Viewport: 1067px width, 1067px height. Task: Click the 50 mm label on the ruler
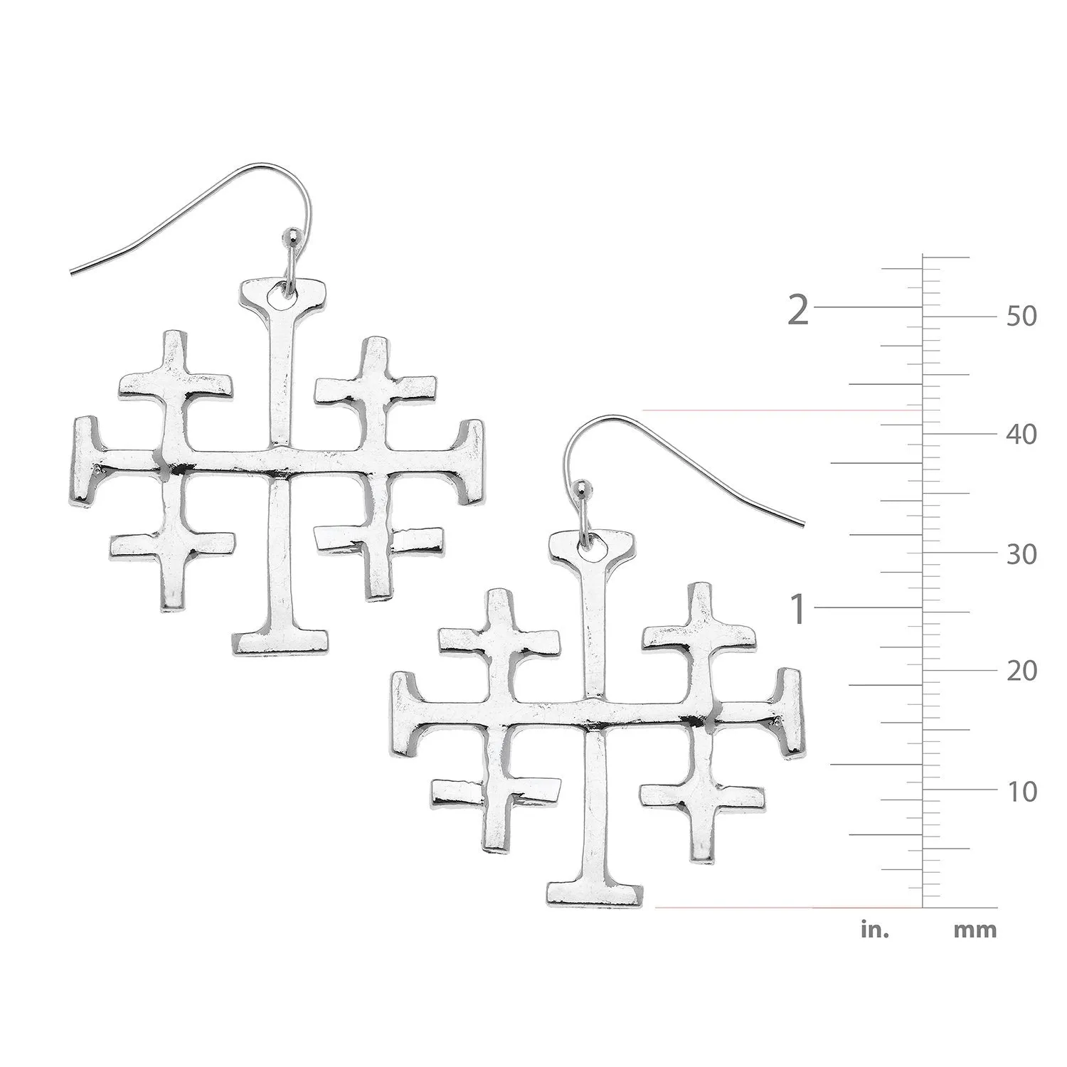1021,316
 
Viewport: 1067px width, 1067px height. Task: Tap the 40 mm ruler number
1021,434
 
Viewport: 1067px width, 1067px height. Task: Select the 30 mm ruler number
1021,554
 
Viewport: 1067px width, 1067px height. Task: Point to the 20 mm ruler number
1021,671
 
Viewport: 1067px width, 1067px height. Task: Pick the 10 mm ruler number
1021,791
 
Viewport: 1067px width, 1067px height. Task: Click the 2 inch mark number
799,311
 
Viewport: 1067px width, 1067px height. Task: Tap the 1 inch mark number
799,610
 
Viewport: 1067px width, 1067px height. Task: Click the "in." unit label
875,929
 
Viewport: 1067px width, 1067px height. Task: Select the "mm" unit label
975,929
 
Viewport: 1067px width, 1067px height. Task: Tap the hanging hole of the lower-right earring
593,543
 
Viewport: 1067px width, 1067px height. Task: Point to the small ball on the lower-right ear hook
584,487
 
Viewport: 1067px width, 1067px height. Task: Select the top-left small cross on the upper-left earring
174,384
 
